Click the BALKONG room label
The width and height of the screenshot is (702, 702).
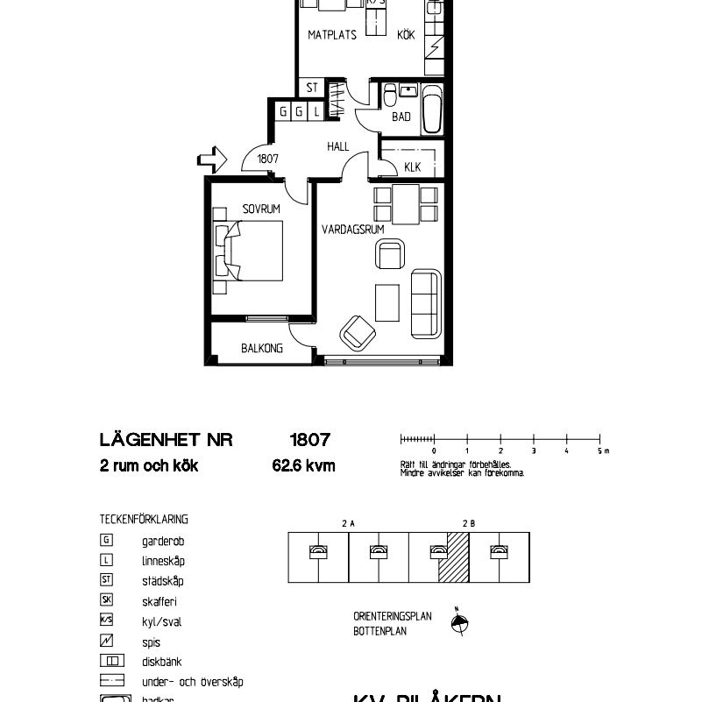tap(262, 348)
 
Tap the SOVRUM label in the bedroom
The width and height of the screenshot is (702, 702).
tap(261, 209)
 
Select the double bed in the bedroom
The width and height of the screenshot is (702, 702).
tap(249, 250)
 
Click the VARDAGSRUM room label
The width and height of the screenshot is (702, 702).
tap(352, 230)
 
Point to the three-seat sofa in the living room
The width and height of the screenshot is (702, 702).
tap(425, 302)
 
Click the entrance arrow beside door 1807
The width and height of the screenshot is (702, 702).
tap(213, 160)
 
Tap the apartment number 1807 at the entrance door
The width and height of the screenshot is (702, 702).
tap(267, 160)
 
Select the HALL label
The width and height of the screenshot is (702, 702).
tap(338, 147)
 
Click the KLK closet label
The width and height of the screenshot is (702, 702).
tap(412, 167)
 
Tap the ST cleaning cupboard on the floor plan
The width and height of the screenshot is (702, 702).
tap(313, 88)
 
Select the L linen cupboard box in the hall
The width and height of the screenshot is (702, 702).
tap(316, 111)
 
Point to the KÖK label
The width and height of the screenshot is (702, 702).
tap(406, 36)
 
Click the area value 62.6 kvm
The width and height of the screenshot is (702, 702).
tap(303, 466)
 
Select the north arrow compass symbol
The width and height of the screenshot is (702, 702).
tap(458, 623)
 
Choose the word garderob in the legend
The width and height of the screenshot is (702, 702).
tap(163, 542)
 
